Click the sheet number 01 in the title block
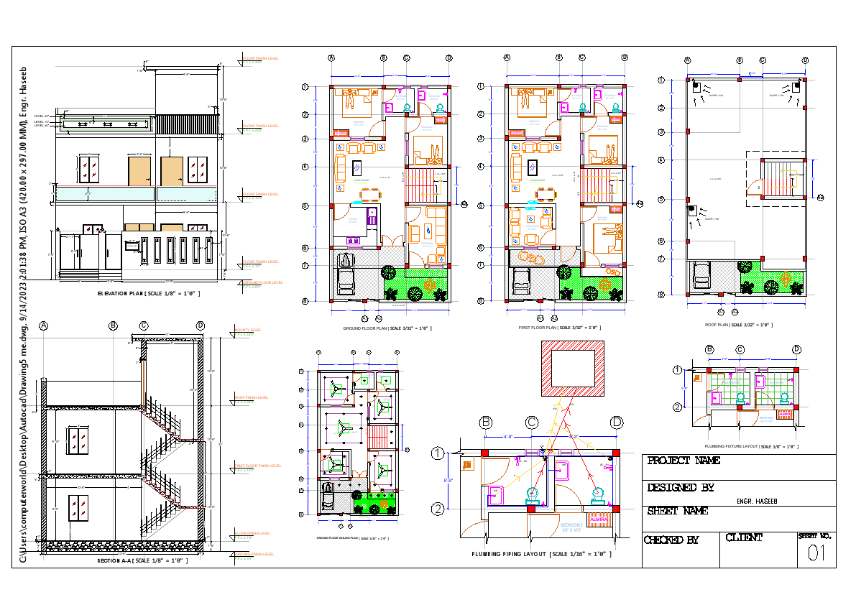pyautogui.click(x=816, y=553)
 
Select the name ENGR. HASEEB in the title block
pyautogui.click(x=757, y=501)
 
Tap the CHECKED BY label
pyautogui.click(x=671, y=540)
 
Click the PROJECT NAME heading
pyautogui.click(x=684, y=461)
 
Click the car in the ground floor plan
pyautogui.click(x=346, y=276)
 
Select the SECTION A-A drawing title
pyautogui.click(x=142, y=560)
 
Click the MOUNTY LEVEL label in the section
pyautogui.click(x=248, y=330)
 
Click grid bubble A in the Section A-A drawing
pyautogui.click(x=44, y=326)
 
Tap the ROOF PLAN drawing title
pyautogui.click(x=739, y=325)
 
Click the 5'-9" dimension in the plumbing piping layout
pyautogui.click(x=447, y=481)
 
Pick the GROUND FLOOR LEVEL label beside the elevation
pyautogui.click(x=263, y=283)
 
